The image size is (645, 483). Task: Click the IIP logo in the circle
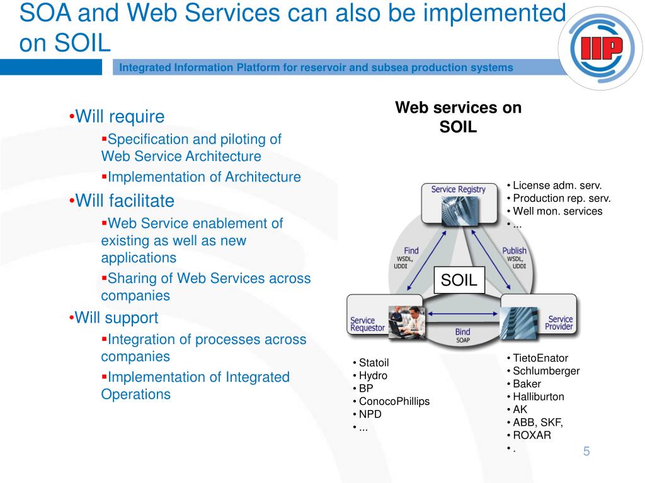(x=599, y=49)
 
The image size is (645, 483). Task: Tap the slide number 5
(x=586, y=452)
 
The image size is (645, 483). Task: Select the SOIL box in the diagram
(x=459, y=280)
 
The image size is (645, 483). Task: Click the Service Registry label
(x=458, y=189)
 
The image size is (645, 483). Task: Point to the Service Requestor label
(x=367, y=325)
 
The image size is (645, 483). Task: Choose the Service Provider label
(x=559, y=323)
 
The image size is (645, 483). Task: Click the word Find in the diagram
(x=411, y=250)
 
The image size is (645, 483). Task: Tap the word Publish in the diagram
(x=514, y=250)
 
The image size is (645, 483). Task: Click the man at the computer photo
(x=406, y=321)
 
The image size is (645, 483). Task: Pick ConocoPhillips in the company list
(x=394, y=401)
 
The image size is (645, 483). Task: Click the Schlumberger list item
(x=546, y=371)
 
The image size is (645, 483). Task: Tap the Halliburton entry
(x=539, y=397)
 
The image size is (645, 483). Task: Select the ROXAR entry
(x=532, y=435)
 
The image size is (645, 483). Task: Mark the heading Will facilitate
(x=124, y=201)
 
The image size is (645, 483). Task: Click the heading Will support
(x=117, y=318)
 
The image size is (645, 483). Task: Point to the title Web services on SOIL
(x=458, y=117)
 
